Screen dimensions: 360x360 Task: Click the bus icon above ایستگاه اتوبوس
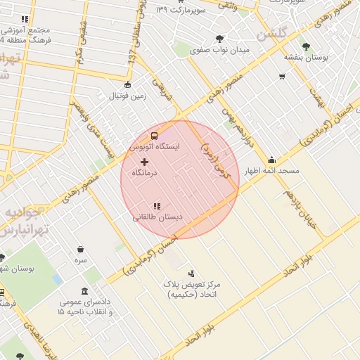(x=154, y=136)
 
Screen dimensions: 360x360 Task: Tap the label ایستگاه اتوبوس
(x=154, y=147)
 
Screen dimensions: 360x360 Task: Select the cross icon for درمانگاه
(x=145, y=162)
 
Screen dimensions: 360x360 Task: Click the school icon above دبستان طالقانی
(x=157, y=206)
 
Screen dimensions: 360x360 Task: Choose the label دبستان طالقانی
(x=157, y=217)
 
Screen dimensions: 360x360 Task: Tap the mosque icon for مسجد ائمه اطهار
(x=272, y=160)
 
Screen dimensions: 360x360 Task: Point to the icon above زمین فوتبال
(x=127, y=85)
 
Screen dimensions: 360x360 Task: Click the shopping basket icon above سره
(x=81, y=249)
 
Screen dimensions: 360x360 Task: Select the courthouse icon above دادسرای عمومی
(x=84, y=291)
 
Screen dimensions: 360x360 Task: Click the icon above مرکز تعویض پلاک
(x=191, y=273)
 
